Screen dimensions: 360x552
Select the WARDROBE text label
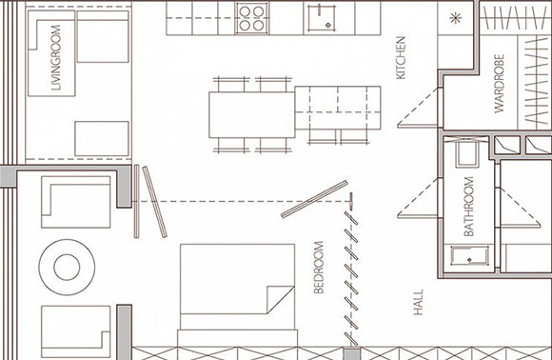click(499, 84)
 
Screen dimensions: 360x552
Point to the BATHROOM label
click(468, 207)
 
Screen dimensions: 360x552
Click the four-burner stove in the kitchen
click(251, 17)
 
